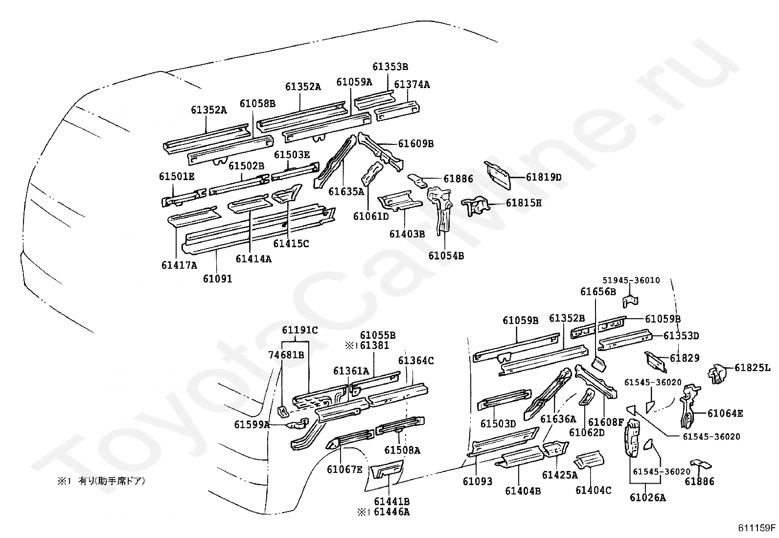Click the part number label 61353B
pos(390,67)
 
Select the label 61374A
pos(412,85)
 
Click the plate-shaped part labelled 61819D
pos(498,174)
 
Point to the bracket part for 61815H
pos(476,204)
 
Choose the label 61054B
pos(446,256)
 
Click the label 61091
pos(218,279)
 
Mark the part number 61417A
pos(179,266)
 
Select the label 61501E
pos(176,176)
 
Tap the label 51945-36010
pos(631,281)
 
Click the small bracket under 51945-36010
pos(630,300)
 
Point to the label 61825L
pos(753,368)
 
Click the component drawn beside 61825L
pos(717,374)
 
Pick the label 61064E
pos(725,414)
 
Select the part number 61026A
pos(648,498)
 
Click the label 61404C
pos(593,490)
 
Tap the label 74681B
pos(286,354)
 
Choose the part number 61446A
pos(392,513)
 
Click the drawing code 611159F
pos(757,528)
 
